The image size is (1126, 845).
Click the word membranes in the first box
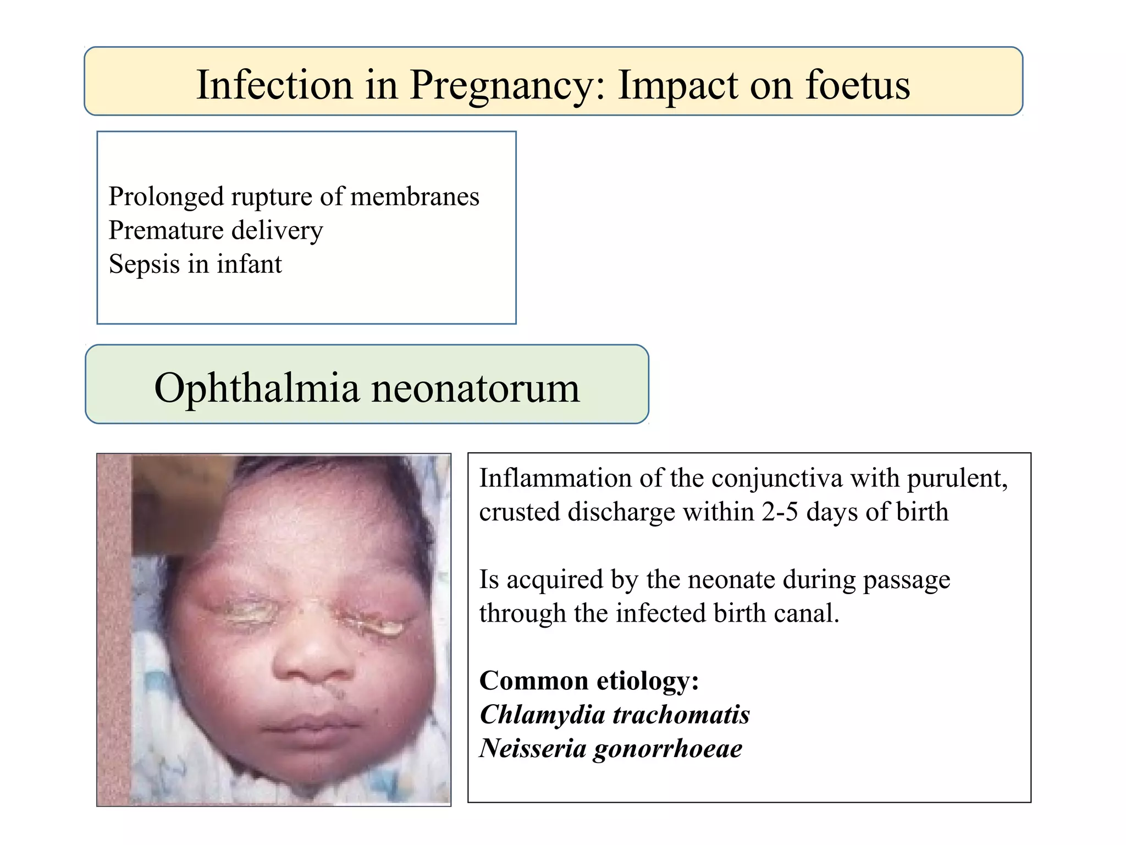point(415,196)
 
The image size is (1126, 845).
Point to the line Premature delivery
point(216,231)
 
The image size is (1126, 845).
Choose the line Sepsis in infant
point(195,264)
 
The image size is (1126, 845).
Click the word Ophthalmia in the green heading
point(257,387)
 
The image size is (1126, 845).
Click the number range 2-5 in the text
point(779,512)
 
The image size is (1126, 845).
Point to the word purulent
point(957,478)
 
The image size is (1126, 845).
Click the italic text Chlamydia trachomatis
point(615,715)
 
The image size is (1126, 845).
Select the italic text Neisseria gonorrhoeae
point(611,748)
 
